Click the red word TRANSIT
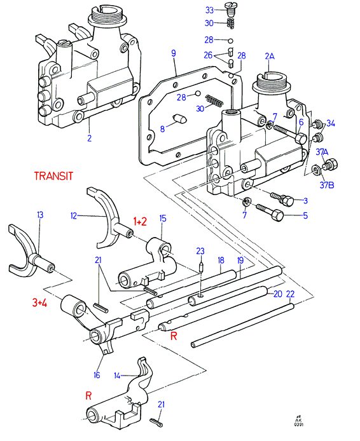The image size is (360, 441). click(x=53, y=176)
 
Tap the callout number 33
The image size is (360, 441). click(x=209, y=10)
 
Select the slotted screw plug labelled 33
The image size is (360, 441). click(x=230, y=8)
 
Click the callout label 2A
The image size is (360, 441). click(x=270, y=57)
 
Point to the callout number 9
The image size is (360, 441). click(x=174, y=53)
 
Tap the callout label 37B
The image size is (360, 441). click(x=327, y=185)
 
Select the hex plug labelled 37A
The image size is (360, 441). click(x=331, y=164)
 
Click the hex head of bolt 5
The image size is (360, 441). click(x=277, y=215)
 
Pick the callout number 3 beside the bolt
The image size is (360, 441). click(x=305, y=201)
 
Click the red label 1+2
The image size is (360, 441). click(x=140, y=222)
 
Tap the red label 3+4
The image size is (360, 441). click(x=39, y=302)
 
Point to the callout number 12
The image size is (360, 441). click(x=74, y=216)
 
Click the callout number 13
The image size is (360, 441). click(x=40, y=215)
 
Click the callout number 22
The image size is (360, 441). click(x=290, y=294)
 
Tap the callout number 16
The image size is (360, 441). click(x=97, y=375)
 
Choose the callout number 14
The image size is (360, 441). click(x=117, y=376)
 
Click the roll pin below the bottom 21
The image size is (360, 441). click(x=156, y=421)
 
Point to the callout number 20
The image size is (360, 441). click(x=278, y=294)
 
